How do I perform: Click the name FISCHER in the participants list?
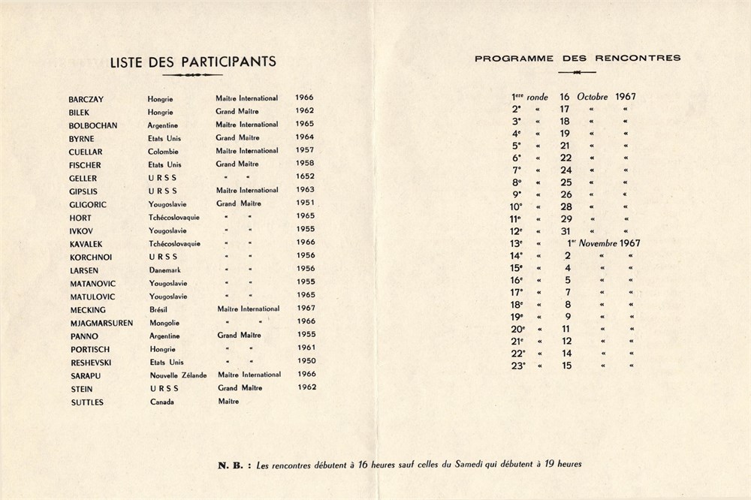click(85, 164)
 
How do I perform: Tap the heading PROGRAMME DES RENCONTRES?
click(578, 58)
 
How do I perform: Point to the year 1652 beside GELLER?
click(305, 177)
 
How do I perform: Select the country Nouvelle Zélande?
click(178, 375)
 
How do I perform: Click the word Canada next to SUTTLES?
click(161, 402)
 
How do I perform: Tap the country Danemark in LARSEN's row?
click(167, 270)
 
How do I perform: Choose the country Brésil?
click(160, 309)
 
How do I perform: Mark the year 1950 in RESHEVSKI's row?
click(305, 361)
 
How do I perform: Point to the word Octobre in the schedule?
click(593, 97)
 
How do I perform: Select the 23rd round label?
click(518, 366)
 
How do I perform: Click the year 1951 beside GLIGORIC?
click(305, 203)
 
